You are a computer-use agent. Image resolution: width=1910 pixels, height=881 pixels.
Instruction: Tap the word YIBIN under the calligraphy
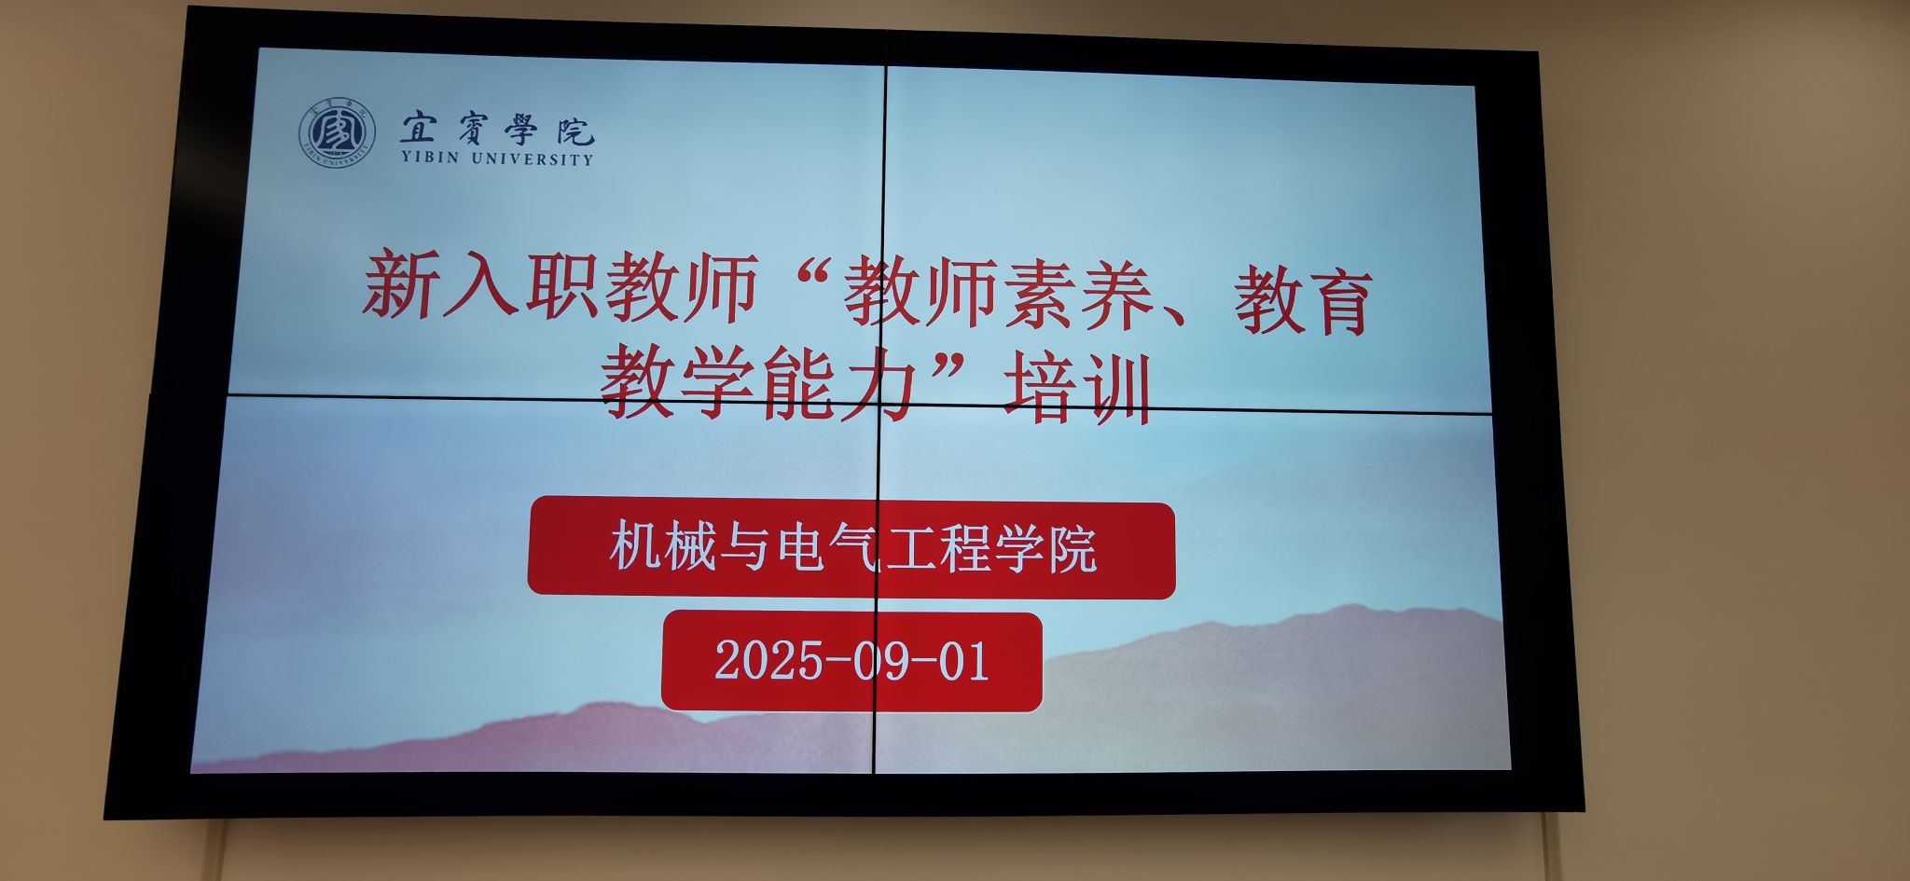(x=430, y=158)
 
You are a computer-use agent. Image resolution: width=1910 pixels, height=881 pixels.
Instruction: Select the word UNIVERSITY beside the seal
(x=532, y=158)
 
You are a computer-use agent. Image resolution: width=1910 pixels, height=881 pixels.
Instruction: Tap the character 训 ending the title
(x=1114, y=392)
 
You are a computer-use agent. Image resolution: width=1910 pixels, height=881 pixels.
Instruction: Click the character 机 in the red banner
(x=637, y=545)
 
